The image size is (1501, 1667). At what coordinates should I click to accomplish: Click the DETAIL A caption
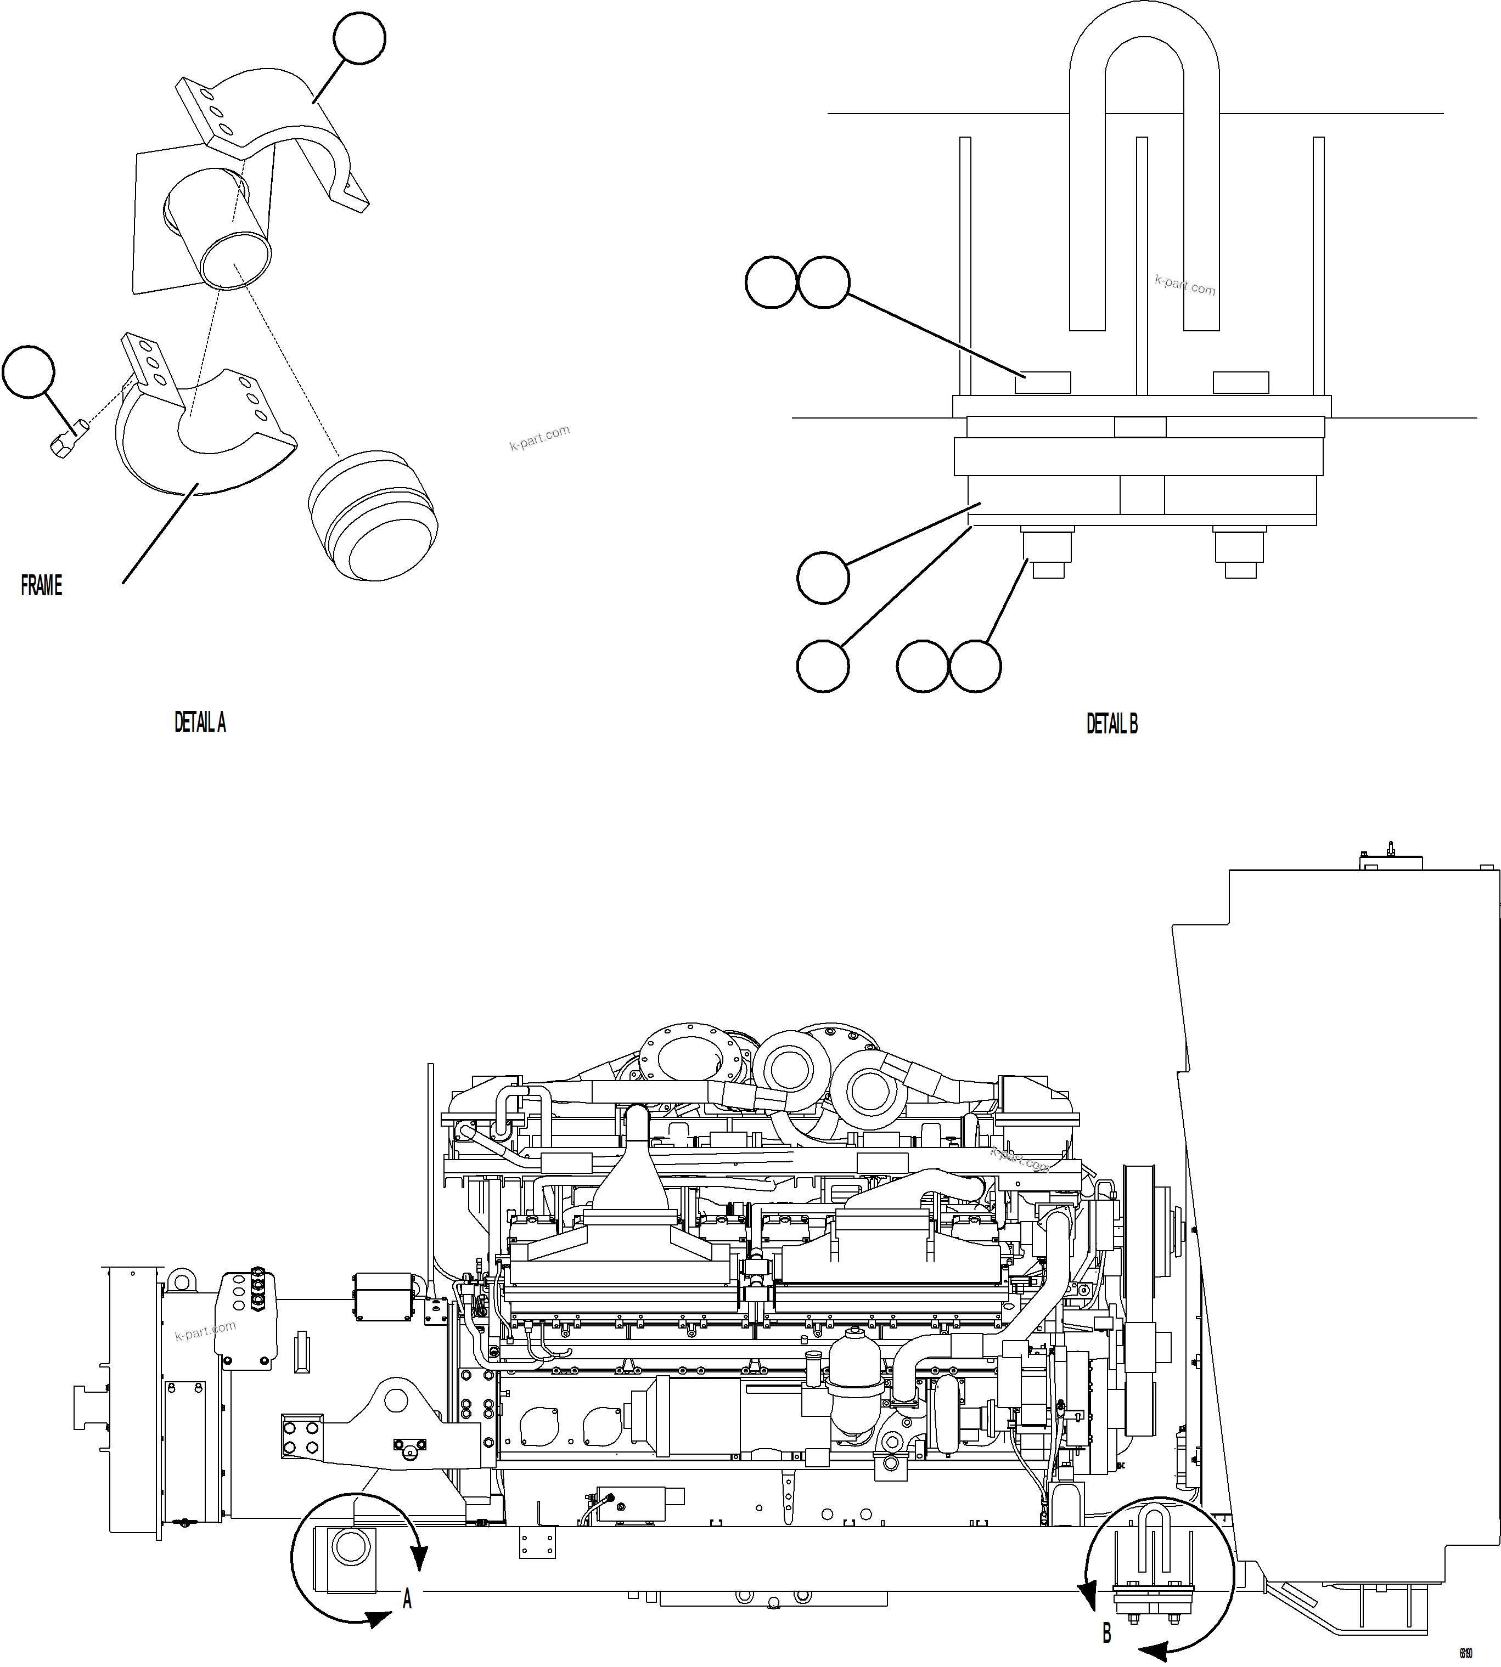tap(200, 722)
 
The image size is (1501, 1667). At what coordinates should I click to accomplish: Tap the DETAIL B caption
tap(1112, 724)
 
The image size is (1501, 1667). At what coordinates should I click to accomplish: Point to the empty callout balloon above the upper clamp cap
tap(359, 38)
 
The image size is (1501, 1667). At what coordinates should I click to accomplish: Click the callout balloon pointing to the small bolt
tap(29, 372)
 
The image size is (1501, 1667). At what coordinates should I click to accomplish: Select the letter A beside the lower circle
tap(407, 1600)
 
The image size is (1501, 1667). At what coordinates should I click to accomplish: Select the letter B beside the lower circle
tap(1107, 1632)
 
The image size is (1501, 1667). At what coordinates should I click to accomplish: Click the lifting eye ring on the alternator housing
tap(181, 1280)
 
